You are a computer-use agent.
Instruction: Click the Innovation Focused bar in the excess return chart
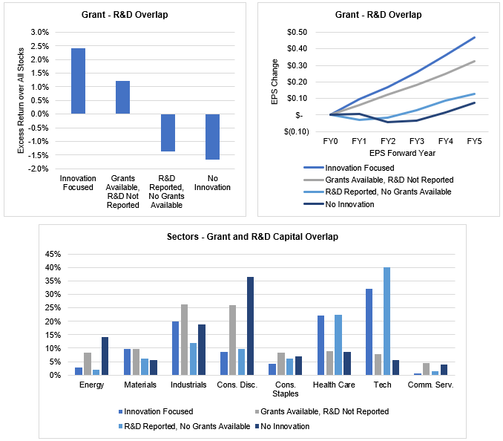pos(78,81)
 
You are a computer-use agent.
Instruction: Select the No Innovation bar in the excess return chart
pos(212,137)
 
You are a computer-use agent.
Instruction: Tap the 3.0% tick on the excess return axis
pos(39,32)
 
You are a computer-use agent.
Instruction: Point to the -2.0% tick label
pos(37,169)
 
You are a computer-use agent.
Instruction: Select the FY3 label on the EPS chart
pos(417,140)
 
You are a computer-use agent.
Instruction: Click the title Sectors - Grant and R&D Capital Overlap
pos(253,237)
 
